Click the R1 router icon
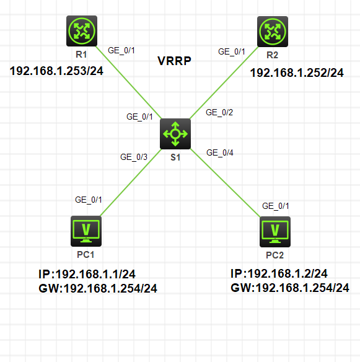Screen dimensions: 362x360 [x=81, y=30]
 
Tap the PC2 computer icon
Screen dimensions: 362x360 [x=275, y=231]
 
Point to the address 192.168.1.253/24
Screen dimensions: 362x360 [x=56, y=71]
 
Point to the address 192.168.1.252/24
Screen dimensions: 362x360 [x=296, y=73]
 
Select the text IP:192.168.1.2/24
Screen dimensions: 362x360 [x=279, y=274]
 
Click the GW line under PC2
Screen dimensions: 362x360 [x=290, y=288]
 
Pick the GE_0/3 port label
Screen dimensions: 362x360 [x=133, y=157]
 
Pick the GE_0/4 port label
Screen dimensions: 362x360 [x=220, y=152]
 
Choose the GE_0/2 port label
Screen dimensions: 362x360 [x=219, y=112]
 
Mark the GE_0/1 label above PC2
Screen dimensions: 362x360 [x=276, y=206]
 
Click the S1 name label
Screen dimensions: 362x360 [x=175, y=157]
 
